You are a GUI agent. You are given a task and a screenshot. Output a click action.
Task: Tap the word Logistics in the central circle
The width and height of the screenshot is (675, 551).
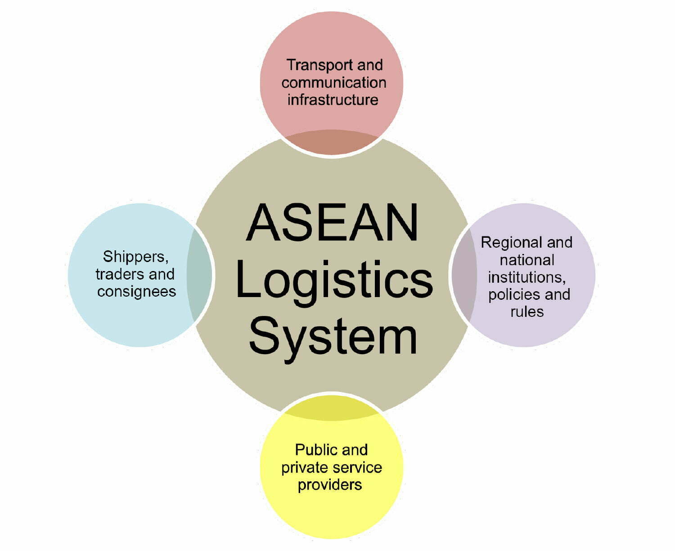tap(333, 281)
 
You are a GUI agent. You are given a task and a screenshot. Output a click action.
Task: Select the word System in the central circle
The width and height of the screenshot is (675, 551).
tap(333, 337)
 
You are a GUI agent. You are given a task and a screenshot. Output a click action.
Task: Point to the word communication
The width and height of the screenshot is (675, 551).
tap(333, 83)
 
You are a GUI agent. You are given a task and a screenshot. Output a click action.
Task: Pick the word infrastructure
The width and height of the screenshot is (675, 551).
tap(333, 100)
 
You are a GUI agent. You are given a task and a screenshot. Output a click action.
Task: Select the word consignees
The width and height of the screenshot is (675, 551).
tap(136, 292)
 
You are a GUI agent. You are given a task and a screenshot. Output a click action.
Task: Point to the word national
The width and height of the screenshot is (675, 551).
tap(526, 260)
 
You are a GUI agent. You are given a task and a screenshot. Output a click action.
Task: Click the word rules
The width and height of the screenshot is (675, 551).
tap(526, 312)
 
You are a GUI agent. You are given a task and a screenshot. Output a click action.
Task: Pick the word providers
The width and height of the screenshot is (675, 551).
tap(329, 485)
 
